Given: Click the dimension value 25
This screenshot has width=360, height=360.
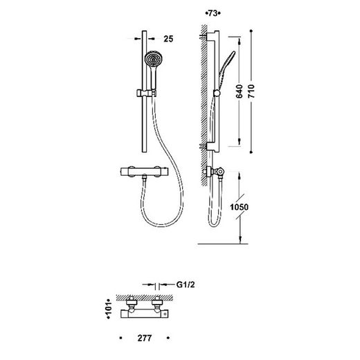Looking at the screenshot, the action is (x=168, y=39).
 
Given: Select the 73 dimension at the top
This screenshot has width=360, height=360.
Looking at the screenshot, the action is (x=213, y=13).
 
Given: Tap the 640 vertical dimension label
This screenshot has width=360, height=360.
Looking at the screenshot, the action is (x=240, y=91).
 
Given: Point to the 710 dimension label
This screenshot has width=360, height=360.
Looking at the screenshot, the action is (x=251, y=91).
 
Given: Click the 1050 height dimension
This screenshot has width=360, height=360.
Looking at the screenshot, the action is (x=240, y=207).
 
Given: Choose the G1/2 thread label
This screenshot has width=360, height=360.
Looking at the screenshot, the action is (x=186, y=285).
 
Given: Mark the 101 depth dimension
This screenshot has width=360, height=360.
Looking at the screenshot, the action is (x=109, y=309).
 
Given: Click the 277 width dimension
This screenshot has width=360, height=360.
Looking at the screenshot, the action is (x=145, y=338).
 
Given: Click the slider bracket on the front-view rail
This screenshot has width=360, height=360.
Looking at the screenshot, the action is (x=146, y=93).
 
